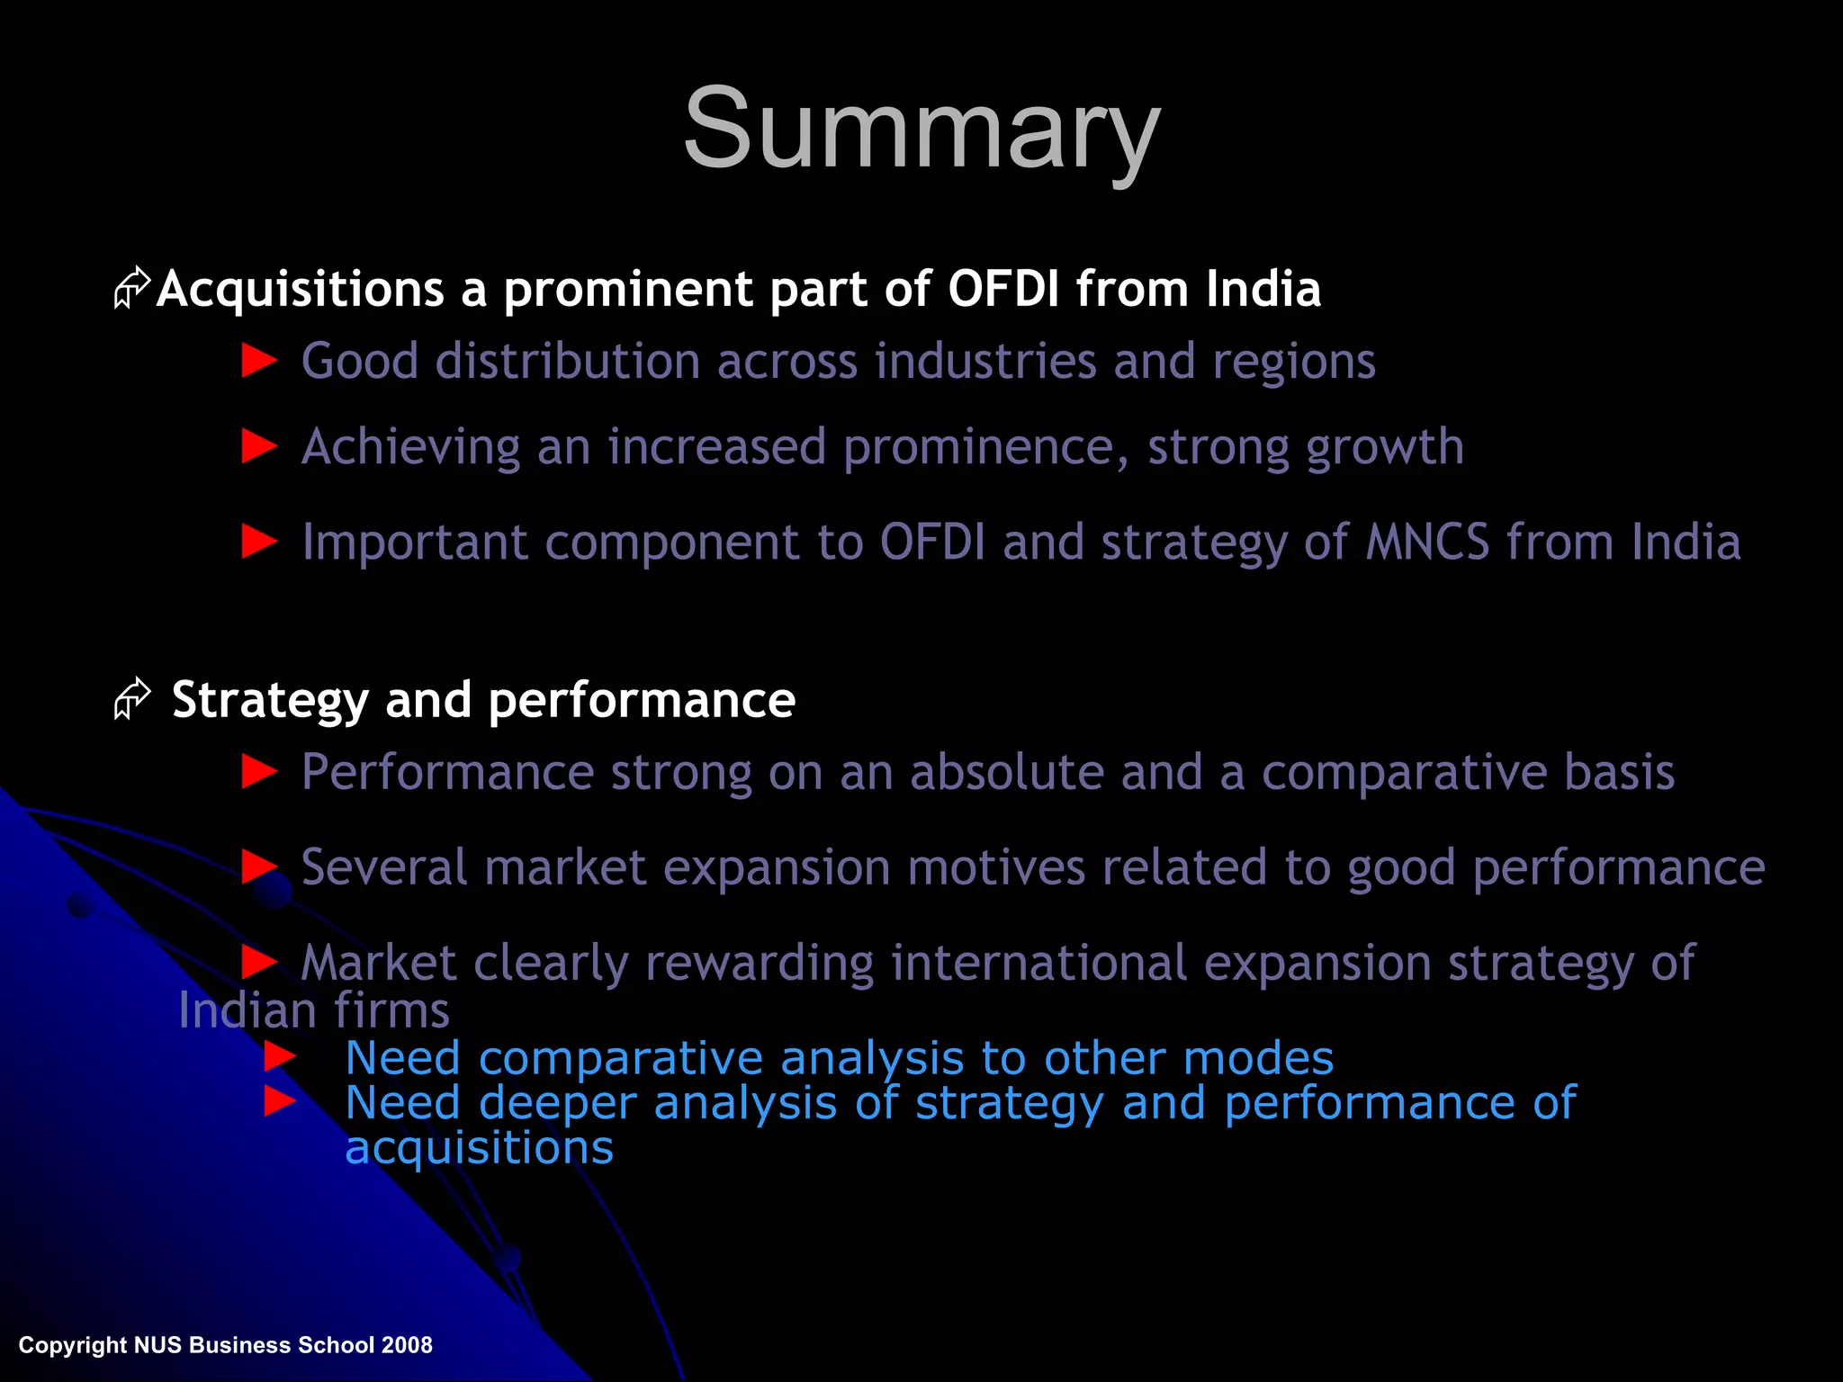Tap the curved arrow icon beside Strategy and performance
(132, 699)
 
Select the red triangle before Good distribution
(260, 362)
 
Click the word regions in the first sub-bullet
(1293, 362)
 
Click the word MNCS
(1427, 543)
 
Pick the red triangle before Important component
(260, 542)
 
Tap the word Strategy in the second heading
(270, 701)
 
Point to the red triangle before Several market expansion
(260, 867)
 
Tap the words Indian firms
(313, 1010)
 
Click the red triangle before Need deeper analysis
(280, 1101)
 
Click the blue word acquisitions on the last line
(479, 1148)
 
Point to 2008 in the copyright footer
(407, 1345)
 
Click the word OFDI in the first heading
(1003, 290)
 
